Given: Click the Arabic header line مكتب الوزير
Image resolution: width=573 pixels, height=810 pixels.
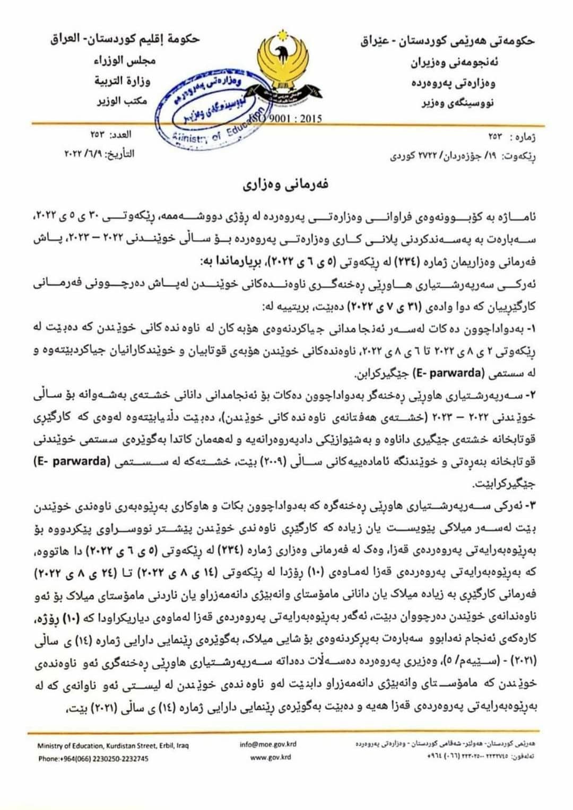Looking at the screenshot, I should pyautogui.click(x=122, y=100).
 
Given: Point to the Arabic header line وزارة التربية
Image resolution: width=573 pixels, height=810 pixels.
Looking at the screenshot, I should pyautogui.click(x=122, y=81).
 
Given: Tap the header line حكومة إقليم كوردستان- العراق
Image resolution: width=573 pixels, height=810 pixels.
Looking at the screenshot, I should pyautogui.click(x=125, y=40).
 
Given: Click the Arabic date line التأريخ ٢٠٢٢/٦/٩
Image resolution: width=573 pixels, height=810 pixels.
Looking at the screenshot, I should pyautogui.click(x=99, y=154).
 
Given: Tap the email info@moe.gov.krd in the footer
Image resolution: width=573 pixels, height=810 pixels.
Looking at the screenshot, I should pyautogui.click(x=268, y=744).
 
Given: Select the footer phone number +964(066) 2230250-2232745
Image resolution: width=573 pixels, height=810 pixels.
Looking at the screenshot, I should pyautogui.click(x=93, y=759).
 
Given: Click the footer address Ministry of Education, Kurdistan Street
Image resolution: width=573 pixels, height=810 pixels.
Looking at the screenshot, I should pyautogui.click(x=113, y=745).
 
